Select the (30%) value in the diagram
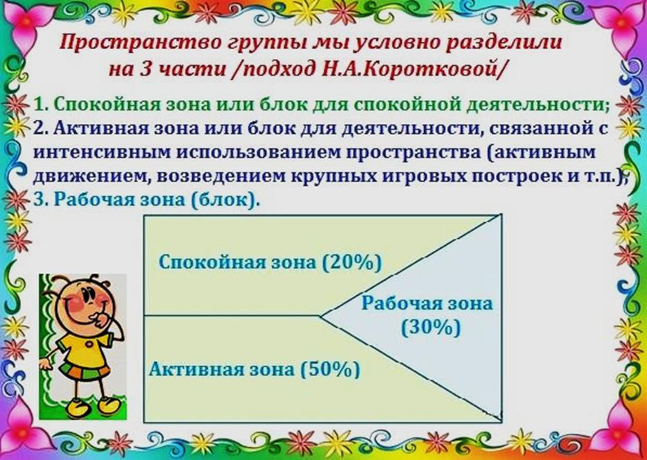tap(431, 329)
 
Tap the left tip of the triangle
tap(320, 317)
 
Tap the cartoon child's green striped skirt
tap(84, 372)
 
